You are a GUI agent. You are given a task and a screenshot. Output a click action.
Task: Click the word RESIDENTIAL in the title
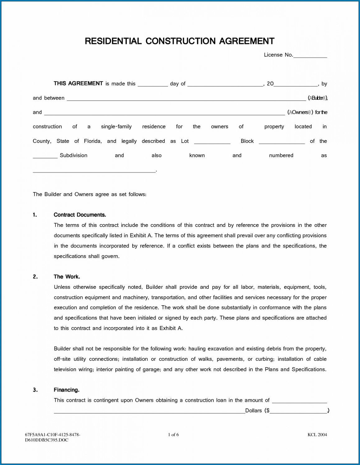[113, 41]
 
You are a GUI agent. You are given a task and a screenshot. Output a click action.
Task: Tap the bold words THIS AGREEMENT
[78, 83]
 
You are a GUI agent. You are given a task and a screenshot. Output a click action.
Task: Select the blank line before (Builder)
[186, 99]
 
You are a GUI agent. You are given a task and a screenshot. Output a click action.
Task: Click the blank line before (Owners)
[164, 114]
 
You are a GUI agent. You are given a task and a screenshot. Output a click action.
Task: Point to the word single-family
[116, 127]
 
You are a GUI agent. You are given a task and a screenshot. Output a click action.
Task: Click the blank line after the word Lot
[212, 142]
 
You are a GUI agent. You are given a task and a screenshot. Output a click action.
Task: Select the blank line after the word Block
[282, 142]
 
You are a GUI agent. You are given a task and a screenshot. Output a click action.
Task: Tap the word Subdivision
[73, 155]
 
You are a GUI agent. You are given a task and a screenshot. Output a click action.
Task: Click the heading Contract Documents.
[80, 215]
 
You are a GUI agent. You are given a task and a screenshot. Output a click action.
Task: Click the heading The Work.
[67, 277]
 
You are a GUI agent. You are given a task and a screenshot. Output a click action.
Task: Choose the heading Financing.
[66, 390]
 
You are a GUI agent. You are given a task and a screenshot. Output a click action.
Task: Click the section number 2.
[35, 277]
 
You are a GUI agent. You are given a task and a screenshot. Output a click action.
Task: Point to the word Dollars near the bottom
[253, 411]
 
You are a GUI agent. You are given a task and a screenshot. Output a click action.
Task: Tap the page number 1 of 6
[173, 434]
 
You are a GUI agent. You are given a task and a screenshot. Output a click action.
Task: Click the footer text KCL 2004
[317, 434]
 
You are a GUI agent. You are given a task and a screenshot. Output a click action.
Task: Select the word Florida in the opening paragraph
[93, 141]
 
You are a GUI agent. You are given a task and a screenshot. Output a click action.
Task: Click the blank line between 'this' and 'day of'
[152, 85]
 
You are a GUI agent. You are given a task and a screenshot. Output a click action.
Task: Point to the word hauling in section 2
[197, 349]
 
